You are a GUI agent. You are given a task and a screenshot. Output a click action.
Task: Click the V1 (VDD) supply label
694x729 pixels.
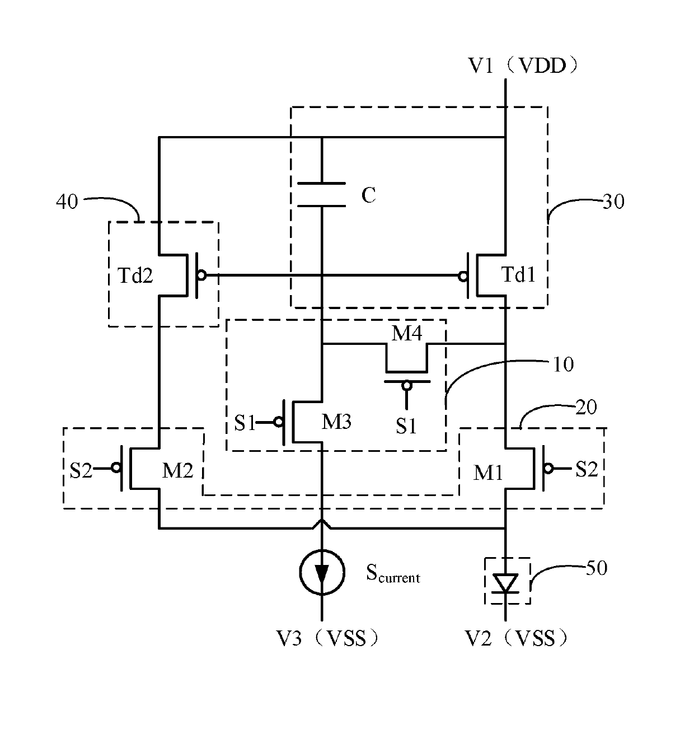tap(523, 66)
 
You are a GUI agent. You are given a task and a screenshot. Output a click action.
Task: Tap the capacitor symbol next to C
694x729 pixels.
tap(321, 194)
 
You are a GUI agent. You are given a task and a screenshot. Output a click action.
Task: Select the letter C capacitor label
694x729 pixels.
tap(368, 195)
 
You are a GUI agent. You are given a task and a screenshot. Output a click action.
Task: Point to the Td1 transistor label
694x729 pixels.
tap(518, 275)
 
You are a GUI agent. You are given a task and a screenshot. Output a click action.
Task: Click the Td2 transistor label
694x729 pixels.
tap(135, 275)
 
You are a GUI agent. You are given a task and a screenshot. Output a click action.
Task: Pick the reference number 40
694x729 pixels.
tap(67, 202)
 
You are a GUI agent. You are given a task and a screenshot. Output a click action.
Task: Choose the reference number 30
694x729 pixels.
tap(613, 202)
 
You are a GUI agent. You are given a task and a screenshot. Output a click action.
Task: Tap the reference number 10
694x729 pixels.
tap(563, 364)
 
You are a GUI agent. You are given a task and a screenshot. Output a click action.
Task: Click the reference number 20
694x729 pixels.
tap(586, 407)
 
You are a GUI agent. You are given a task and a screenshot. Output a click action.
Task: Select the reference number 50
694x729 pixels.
tap(597, 568)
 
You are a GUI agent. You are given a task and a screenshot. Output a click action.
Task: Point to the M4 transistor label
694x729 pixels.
tap(407, 333)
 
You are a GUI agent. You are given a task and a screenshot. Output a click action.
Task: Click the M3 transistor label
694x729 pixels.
tap(336, 422)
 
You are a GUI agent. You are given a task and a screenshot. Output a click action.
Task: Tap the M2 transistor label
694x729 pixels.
tap(177, 470)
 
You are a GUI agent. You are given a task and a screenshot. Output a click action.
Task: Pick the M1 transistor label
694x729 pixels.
tap(488, 473)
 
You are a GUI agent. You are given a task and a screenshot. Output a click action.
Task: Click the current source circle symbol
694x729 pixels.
tap(322, 572)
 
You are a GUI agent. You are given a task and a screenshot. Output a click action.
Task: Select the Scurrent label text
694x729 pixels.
tap(393, 574)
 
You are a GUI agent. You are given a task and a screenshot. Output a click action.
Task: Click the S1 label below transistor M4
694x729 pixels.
tap(406, 426)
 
